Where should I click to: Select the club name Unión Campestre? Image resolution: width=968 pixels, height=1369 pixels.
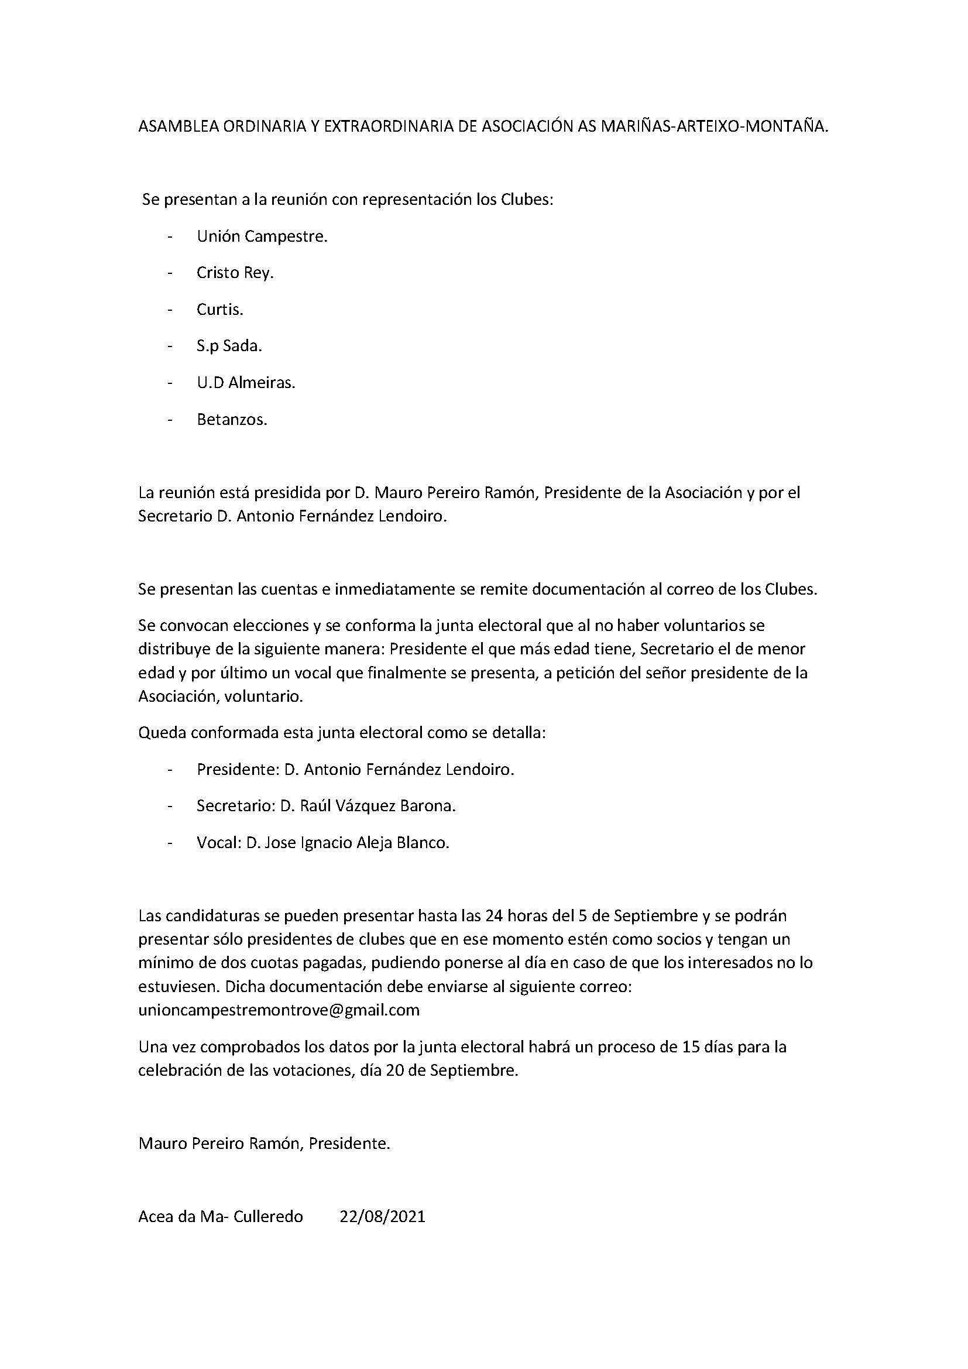point(262,236)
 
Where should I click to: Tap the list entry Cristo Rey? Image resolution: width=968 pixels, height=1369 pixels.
point(235,273)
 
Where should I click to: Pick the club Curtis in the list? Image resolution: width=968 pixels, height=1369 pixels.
point(220,310)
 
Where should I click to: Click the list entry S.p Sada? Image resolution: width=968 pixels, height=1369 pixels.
point(229,346)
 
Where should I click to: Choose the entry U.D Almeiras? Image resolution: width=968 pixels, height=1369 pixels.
point(246,383)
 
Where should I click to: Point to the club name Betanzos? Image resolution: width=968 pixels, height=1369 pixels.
point(232,420)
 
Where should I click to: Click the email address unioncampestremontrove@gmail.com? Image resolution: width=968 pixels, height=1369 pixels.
point(279,1010)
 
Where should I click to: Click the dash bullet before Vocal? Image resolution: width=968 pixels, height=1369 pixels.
point(171,843)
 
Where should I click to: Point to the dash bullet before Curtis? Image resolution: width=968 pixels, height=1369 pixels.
point(171,310)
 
